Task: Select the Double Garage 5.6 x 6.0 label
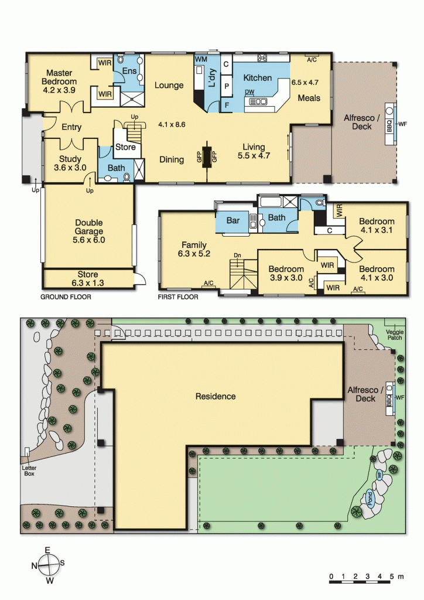pyautogui.click(x=88, y=227)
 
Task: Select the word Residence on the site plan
pyautogui.click(x=216, y=397)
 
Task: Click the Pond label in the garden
pyautogui.click(x=370, y=499)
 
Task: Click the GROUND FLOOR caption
pyautogui.click(x=66, y=297)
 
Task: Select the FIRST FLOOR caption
pyautogui.click(x=178, y=297)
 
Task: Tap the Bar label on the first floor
pyautogui.click(x=233, y=221)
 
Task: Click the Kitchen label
pyautogui.click(x=258, y=78)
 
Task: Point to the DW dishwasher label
pyautogui.click(x=249, y=92)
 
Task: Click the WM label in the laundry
pyautogui.click(x=200, y=60)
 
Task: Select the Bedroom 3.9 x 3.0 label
pyautogui.click(x=285, y=274)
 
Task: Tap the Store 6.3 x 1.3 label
pyautogui.click(x=88, y=278)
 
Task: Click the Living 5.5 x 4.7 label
pyautogui.click(x=252, y=151)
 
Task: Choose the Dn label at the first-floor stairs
pyautogui.click(x=237, y=255)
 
